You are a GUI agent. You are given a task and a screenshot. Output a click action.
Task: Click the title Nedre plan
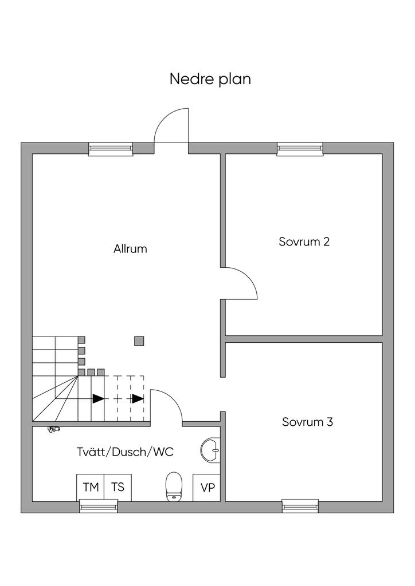pyautogui.click(x=210, y=79)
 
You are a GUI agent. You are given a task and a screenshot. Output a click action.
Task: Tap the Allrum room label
pyautogui.click(x=130, y=249)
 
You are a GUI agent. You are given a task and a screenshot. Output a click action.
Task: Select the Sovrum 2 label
pyautogui.click(x=304, y=241)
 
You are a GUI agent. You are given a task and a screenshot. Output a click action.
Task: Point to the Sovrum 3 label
pyautogui.click(x=307, y=422)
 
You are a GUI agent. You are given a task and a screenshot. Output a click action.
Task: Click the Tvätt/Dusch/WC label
pyautogui.click(x=125, y=452)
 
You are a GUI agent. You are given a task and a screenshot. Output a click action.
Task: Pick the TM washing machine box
pyautogui.click(x=91, y=488)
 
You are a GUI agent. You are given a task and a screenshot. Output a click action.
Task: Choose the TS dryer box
pyautogui.click(x=118, y=488)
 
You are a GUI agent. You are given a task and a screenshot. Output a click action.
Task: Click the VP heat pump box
pyautogui.click(x=207, y=488)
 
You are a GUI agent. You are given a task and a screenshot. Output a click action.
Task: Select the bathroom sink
pyautogui.click(x=212, y=450)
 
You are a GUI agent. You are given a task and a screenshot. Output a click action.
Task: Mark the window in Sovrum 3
pyautogui.click(x=300, y=506)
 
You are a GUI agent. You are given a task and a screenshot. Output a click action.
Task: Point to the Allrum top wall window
pyautogui.click(x=111, y=149)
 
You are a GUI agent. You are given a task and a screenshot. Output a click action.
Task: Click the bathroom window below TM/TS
pyautogui.click(x=98, y=506)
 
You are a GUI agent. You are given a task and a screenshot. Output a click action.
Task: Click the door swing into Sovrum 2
pyautogui.click(x=240, y=283)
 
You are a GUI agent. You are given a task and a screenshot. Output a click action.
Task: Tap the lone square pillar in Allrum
pyautogui.click(x=139, y=341)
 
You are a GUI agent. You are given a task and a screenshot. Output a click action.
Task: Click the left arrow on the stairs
pyautogui.click(x=99, y=398)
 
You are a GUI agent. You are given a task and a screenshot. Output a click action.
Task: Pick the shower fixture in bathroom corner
pyautogui.click(x=53, y=427)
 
